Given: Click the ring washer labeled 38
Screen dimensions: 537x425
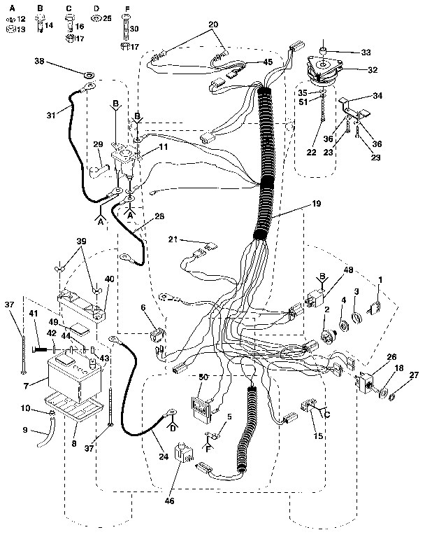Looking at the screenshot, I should pyautogui.click(x=89, y=74).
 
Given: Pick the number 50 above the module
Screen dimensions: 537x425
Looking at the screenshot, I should pyautogui.click(x=203, y=377).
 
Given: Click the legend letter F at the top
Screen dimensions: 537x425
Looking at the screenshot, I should pyautogui.click(x=127, y=8).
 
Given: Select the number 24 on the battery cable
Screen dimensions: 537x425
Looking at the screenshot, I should pyautogui.click(x=163, y=457).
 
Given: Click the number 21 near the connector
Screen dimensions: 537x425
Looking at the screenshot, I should pyautogui.click(x=173, y=240).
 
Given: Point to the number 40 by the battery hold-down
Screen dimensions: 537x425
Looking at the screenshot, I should pyautogui.click(x=108, y=279).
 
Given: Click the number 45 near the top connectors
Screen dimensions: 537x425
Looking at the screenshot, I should pyautogui.click(x=248, y=62).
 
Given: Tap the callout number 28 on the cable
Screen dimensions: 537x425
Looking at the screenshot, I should pyautogui.click(x=160, y=218).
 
